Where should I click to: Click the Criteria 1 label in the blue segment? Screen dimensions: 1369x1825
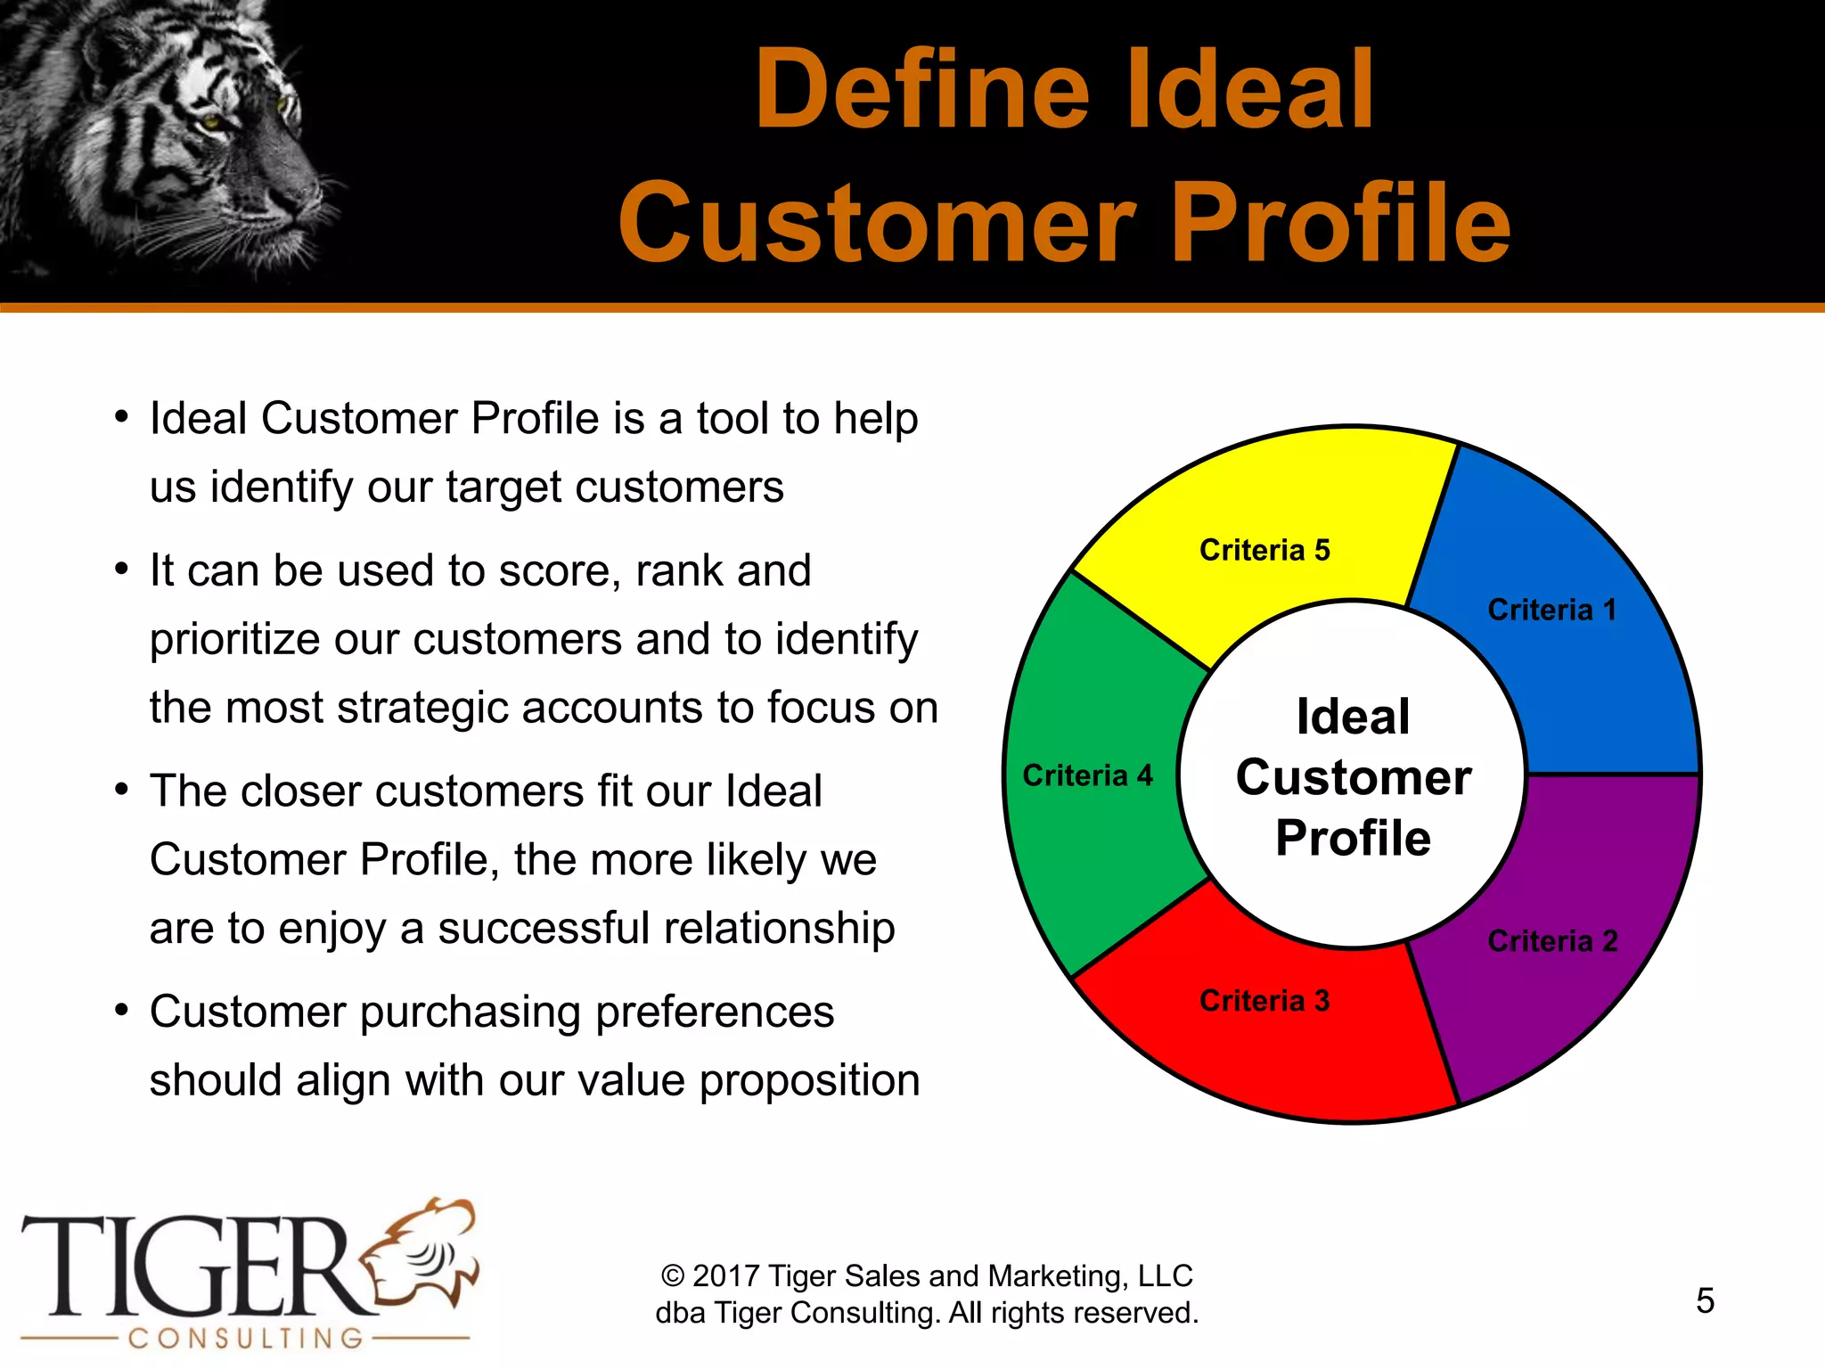pos(1551,611)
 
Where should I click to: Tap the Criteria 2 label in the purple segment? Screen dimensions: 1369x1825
pos(1552,941)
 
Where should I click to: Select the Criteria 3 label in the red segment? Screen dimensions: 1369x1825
pos(1264,1001)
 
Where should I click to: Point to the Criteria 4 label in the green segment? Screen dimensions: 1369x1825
pos(1087,775)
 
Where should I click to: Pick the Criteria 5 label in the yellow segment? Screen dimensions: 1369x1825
pos(1264,550)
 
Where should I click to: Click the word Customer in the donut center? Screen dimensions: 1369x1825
pos(1353,777)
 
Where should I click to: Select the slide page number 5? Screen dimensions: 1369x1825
pos(1705,1300)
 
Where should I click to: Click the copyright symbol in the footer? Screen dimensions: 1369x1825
pos(673,1276)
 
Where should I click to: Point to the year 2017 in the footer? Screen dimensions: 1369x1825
pos(725,1276)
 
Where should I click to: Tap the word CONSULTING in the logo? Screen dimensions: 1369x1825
pos(246,1338)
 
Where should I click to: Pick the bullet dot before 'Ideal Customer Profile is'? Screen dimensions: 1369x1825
pos(122,418)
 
